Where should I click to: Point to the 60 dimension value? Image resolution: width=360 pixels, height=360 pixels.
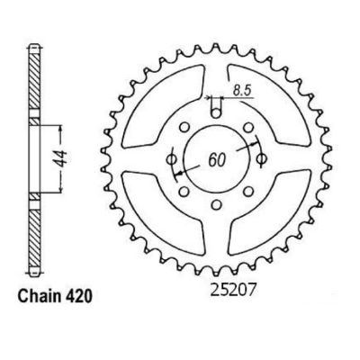tap(216, 157)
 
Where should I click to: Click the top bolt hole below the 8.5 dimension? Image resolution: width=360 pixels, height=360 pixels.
tap(216, 110)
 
